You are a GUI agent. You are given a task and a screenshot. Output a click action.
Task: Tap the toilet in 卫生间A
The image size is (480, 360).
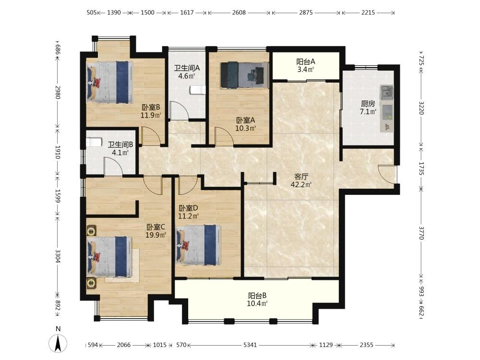[x=197, y=90]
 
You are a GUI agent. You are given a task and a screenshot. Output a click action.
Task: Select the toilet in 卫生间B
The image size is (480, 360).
[x=94, y=143]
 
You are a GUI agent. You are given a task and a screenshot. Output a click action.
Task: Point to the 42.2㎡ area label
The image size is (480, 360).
[x=301, y=185]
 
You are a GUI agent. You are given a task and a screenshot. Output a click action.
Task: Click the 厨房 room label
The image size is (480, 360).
[x=368, y=104]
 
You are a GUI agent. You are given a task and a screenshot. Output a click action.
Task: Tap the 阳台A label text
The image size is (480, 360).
[x=305, y=62]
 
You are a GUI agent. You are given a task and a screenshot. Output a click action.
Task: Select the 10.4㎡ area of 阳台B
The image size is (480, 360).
[x=257, y=304]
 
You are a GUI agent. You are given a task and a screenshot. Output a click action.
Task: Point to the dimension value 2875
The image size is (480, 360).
[x=306, y=12]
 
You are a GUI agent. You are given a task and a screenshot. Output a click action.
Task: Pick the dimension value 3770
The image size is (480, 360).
[x=421, y=233]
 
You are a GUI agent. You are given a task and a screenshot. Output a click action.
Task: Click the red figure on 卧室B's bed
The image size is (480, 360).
[x=96, y=83]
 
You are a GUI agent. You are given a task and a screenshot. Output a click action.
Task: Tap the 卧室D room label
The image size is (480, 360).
[x=188, y=208]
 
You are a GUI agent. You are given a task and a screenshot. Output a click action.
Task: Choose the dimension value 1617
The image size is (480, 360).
[x=187, y=12]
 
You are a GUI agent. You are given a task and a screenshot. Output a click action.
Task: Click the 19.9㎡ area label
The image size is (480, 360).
[x=156, y=235]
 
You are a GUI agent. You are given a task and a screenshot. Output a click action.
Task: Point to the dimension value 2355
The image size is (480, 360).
[x=366, y=345]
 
